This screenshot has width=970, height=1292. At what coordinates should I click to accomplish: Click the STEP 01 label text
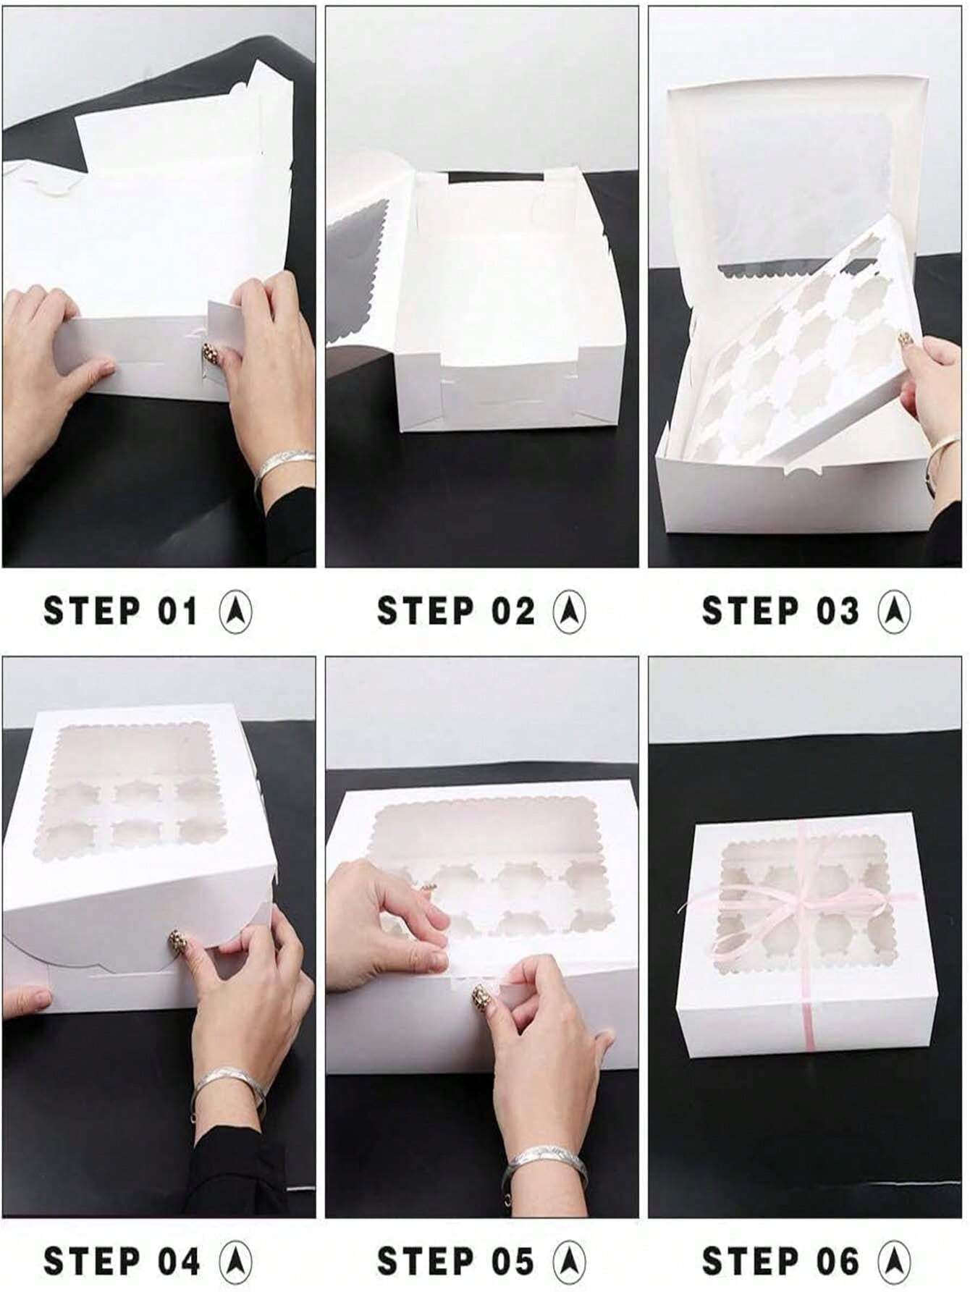(x=121, y=611)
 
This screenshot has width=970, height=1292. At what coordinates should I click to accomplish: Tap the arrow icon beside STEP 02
(x=570, y=612)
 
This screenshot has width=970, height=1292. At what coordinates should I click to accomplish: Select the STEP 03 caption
(x=780, y=611)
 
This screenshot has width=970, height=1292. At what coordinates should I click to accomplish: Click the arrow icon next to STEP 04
(x=235, y=1261)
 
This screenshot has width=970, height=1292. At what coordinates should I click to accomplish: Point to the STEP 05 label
(x=455, y=1261)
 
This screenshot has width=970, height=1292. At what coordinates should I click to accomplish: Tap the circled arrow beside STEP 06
(x=894, y=1261)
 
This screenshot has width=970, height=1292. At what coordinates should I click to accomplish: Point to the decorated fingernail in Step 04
(x=176, y=941)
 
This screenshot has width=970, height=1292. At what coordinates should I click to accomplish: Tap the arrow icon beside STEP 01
(x=235, y=612)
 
